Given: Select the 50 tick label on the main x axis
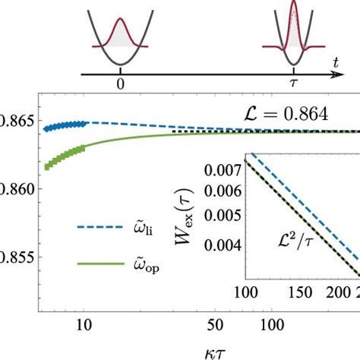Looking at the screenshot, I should pos(222,324).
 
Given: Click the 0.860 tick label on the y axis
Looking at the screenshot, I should pos(17,189).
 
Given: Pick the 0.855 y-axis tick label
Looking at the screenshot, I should pos(17,258).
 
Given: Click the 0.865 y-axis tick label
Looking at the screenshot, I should pos(17,119).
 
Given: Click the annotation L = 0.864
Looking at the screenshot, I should pos(283,113).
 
